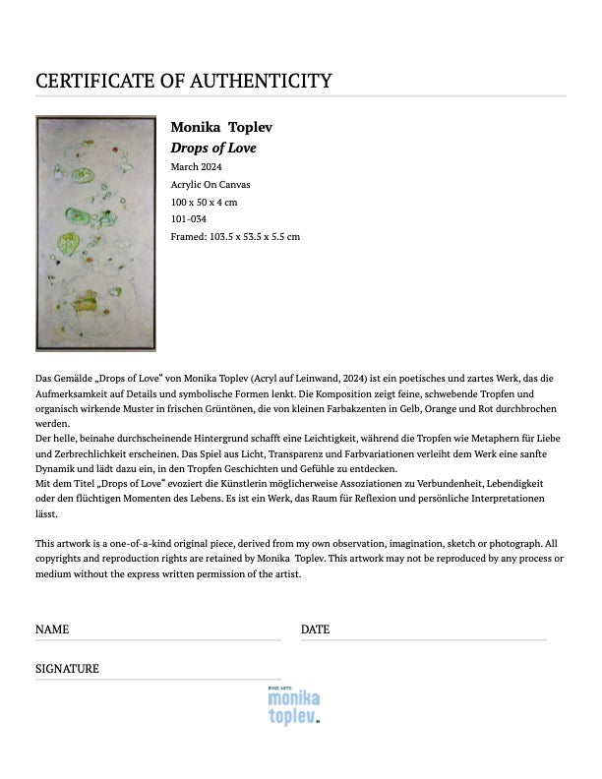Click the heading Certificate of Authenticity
pos(184,81)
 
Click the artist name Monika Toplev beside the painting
pos(221,128)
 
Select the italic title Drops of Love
pos(213,148)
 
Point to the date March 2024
pos(196,166)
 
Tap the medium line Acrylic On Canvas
pos(211,184)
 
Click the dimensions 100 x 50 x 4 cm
pos(205,202)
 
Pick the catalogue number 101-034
pos(189,218)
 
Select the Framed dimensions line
pos(235,236)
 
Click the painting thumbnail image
pos(95,233)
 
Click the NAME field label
pos(52,629)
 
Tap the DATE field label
pos(315,629)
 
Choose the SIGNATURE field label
pos(67,669)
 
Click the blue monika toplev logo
pos(293,705)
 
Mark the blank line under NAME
pos(157,639)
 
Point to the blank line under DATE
pos(423,639)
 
